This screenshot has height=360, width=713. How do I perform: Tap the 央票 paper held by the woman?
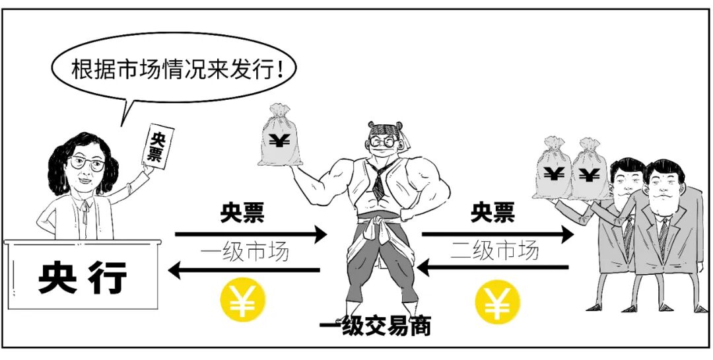(157, 146)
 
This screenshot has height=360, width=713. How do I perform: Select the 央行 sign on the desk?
(83, 279)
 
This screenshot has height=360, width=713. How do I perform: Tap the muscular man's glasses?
(384, 141)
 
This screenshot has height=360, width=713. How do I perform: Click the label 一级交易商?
(374, 326)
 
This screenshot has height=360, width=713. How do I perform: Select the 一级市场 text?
(244, 252)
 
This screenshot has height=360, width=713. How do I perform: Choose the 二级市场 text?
(494, 250)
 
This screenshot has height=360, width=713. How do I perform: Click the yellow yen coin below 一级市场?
(242, 301)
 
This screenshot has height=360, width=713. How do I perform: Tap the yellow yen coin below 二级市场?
(497, 301)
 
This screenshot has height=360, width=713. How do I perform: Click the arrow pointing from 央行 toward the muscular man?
(251, 234)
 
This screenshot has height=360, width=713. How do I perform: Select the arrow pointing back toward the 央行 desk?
(244, 270)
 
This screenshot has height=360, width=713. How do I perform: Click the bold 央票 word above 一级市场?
(242, 213)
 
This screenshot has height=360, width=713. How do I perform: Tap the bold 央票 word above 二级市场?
(492, 213)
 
